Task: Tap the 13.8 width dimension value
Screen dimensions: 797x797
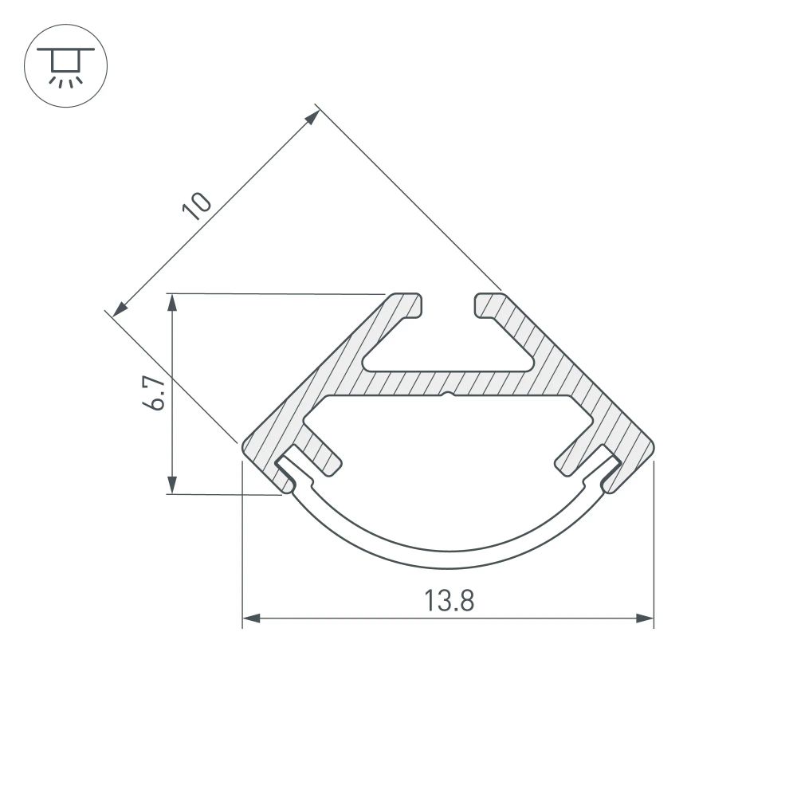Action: click(449, 600)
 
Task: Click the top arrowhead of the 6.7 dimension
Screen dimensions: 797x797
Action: click(171, 301)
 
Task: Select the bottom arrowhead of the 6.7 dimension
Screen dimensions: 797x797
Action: click(171, 486)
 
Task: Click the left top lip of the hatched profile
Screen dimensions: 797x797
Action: click(406, 306)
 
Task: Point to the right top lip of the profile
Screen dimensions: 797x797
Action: click(489, 306)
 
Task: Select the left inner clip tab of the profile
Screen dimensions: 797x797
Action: click(323, 454)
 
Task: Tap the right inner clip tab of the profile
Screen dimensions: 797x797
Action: click(572, 454)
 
